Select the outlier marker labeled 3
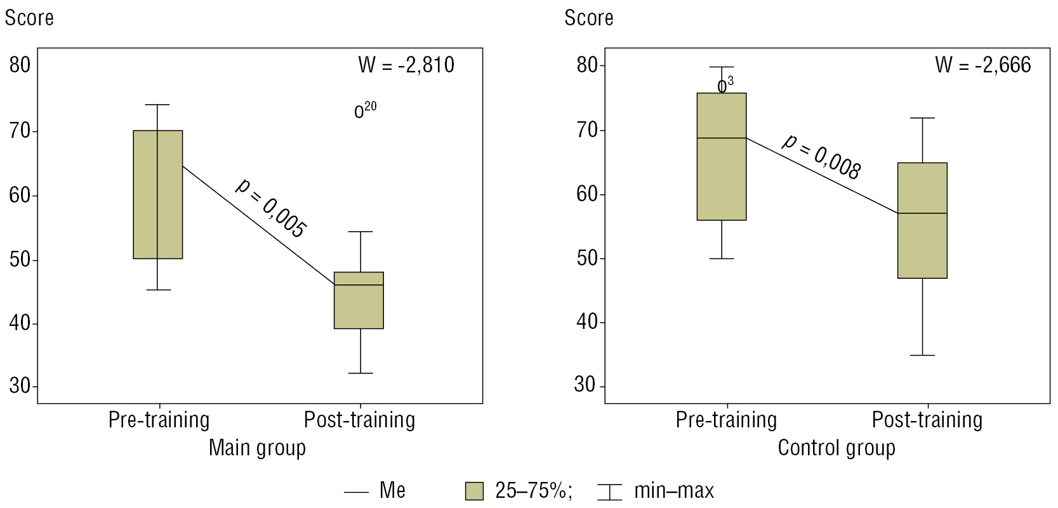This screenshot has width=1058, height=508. pyautogui.click(x=722, y=87)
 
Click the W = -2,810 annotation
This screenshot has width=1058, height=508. pyautogui.click(x=406, y=65)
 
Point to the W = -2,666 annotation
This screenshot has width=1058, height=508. pyautogui.click(x=983, y=65)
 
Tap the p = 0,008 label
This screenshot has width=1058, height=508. pyautogui.click(x=821, y=157)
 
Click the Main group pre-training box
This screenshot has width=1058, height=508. pyautogui.click(x=158, y=194)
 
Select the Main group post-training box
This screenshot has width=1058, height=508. pyautogui.click(x=359, y=300)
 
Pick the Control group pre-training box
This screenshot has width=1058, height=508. pyautogui.click(x=722, y=156)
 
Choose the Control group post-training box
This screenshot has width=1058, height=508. pyautogui.click(x=922, y=220)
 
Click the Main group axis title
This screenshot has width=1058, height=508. pyautogui.click(x=257, y=448)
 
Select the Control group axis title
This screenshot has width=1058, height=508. pyautogui.click(x=836, y=448)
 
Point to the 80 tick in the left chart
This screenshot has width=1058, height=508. pyautogui.click(x=20, y=65)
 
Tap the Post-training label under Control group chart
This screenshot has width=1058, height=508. pyautogui.click(x=927, y=420)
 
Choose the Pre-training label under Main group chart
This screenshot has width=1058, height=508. pyautogui.click(x=159, y=420)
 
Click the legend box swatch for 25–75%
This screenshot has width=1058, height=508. pyautogui.click(x=474, y=491)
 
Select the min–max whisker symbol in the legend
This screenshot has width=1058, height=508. pyautogui.click(x=610, y=491)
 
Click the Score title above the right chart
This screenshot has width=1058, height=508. pyautogui.click(x=588, y=18)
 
